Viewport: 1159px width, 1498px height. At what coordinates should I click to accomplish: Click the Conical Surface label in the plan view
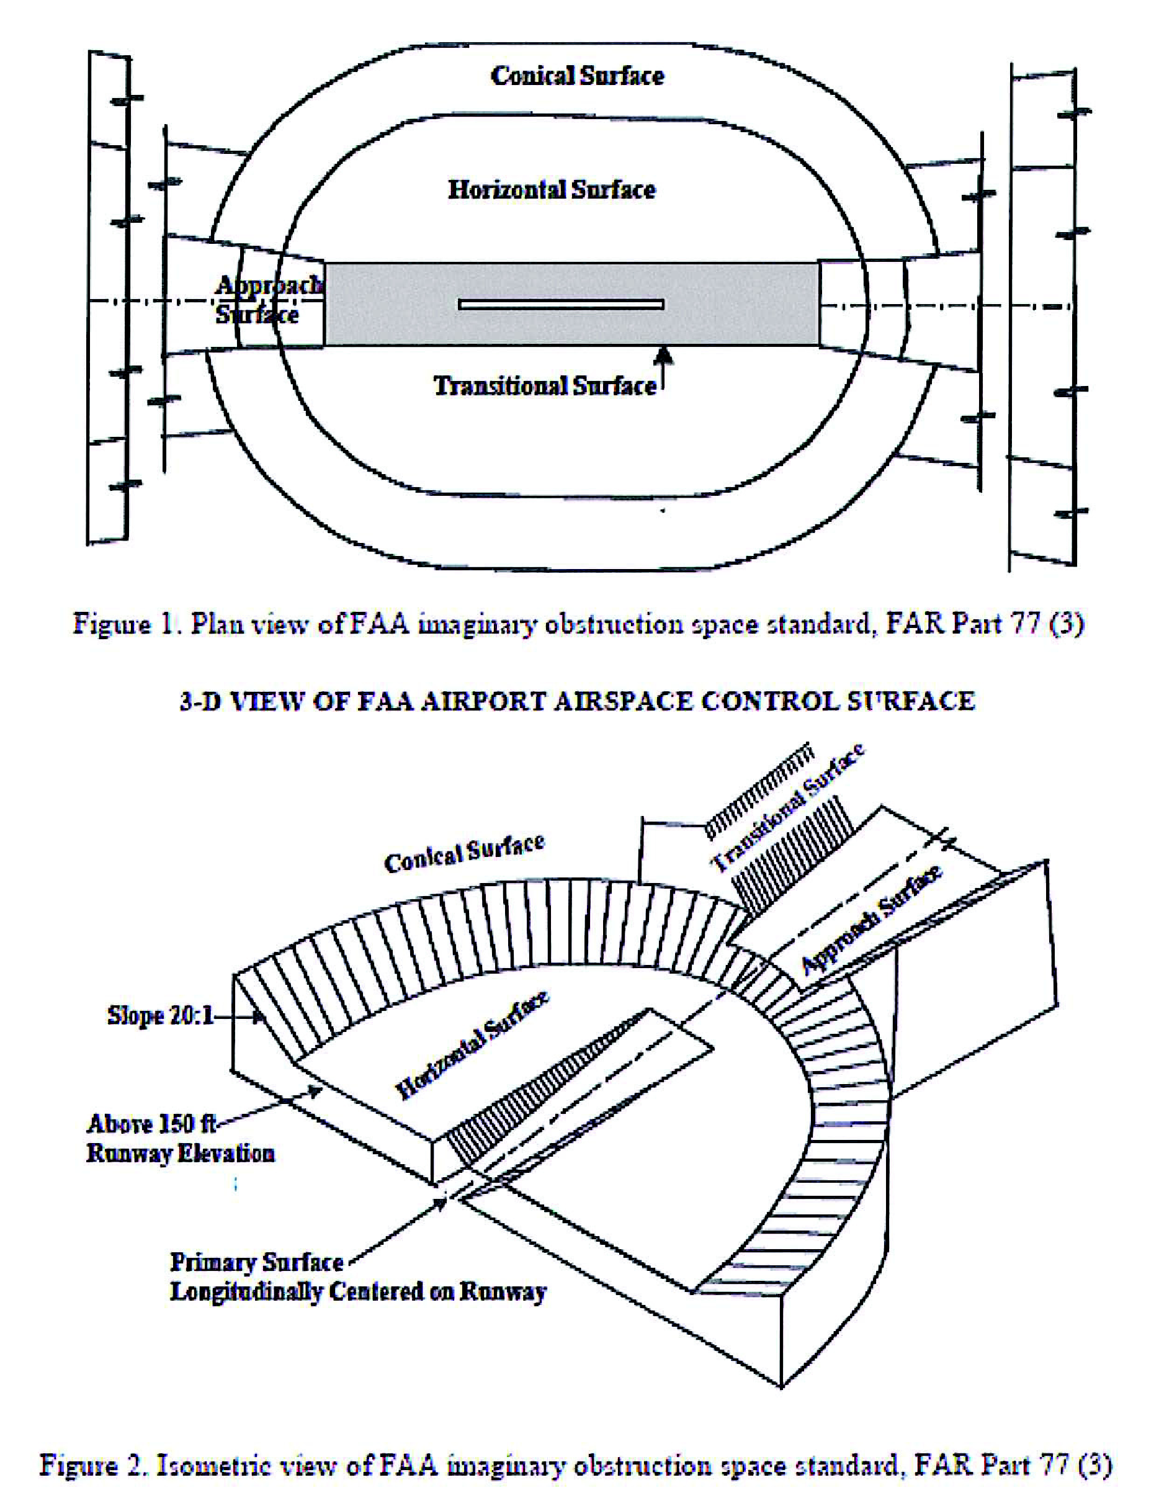click(578, 76)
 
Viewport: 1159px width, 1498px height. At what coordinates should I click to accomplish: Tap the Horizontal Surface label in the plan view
click(552, 190)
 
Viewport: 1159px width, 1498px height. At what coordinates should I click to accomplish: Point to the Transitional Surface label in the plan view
click(545, 386)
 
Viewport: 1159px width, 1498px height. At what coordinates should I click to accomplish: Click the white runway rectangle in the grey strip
click(561, 304)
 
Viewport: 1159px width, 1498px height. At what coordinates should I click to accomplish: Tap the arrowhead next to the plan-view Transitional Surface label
click(663, 354)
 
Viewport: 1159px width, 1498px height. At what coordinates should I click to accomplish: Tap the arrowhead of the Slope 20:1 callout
click(261, 1017)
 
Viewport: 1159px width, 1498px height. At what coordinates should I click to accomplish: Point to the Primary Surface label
click(256, 1262)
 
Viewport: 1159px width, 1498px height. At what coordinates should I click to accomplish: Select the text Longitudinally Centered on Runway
click(358, 1291)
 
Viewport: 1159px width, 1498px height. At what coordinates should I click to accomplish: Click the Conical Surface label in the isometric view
click(464, 853)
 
